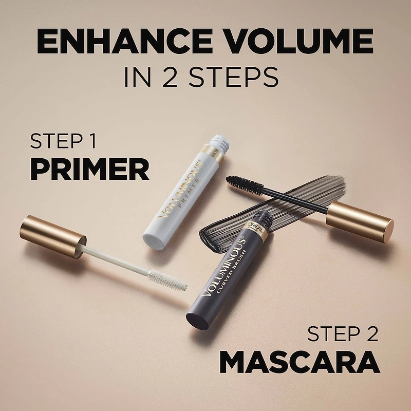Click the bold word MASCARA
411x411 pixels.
300,362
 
